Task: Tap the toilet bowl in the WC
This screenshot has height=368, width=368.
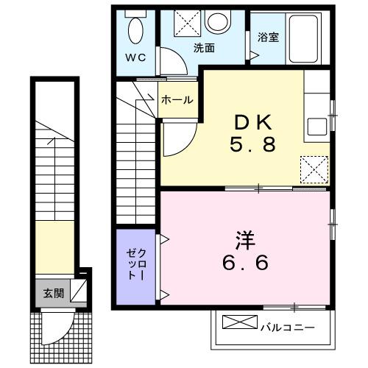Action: (136, 30)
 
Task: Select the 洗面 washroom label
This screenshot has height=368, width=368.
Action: (204, 49)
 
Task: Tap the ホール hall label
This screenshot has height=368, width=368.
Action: (177, 99)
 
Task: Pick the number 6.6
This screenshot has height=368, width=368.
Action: (246, 262)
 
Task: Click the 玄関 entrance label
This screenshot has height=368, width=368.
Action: (52, 293)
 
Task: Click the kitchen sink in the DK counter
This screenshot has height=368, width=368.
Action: (317, 127)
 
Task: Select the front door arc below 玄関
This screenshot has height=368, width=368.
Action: (57, 327)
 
